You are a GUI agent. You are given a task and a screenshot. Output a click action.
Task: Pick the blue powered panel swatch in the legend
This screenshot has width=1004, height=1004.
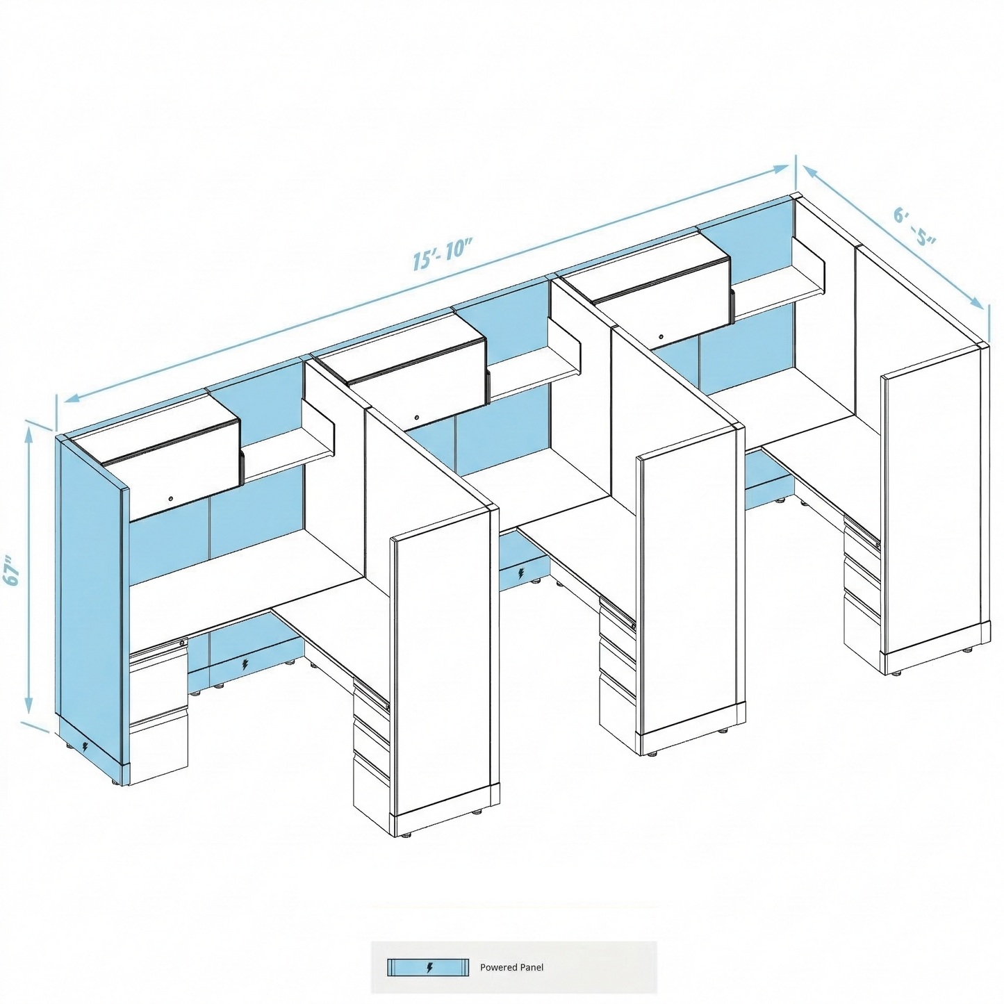tap(427, 968)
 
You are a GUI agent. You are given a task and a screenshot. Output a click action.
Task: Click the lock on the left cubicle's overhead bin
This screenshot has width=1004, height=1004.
tap(171, 499)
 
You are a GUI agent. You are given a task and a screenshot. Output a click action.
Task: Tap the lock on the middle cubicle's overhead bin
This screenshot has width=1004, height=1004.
tap(417, 418)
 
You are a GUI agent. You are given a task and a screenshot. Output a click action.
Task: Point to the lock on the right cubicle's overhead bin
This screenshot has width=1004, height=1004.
tap(661, 337)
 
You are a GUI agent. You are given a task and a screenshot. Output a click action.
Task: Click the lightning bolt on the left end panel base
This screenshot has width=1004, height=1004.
tap(85, 747)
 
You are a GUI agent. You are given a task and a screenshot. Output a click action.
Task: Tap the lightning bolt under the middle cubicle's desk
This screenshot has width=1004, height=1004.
tap(521, 574)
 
